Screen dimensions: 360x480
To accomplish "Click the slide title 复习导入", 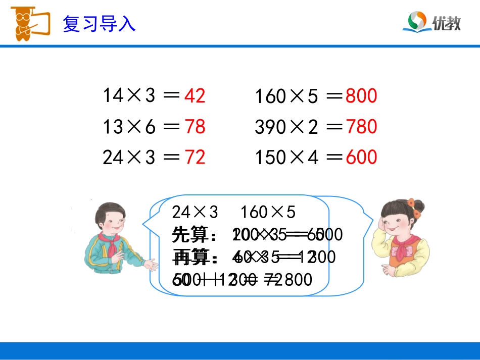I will pyautogui.click(x=99, y=24).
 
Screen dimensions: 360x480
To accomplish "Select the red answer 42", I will pyautogui.click(x=195, y=95).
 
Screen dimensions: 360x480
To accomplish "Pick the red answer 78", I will pyautogui.click(x=195, y=127).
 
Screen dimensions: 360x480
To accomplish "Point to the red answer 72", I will pyautogui.click(x=195, y=158).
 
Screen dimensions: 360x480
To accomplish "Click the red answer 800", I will pyautogui.click(x=361, y=96).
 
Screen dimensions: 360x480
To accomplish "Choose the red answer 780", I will pyautogui.click(x=361, y=127).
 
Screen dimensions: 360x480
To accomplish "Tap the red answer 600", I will pyautogui.click(x=361, y=158).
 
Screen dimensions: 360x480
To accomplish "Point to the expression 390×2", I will pyautogui.click(x=286, y=127).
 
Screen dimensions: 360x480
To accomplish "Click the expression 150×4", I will pyautogui.click(x=286, y=158).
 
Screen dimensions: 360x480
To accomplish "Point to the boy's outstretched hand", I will pyautogui.click(x=150, y=265).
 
